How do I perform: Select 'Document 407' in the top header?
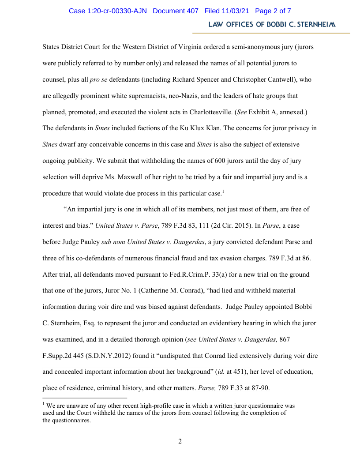[176, 11]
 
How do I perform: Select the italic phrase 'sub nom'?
[113, 242]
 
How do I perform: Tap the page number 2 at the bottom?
[180, 441]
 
